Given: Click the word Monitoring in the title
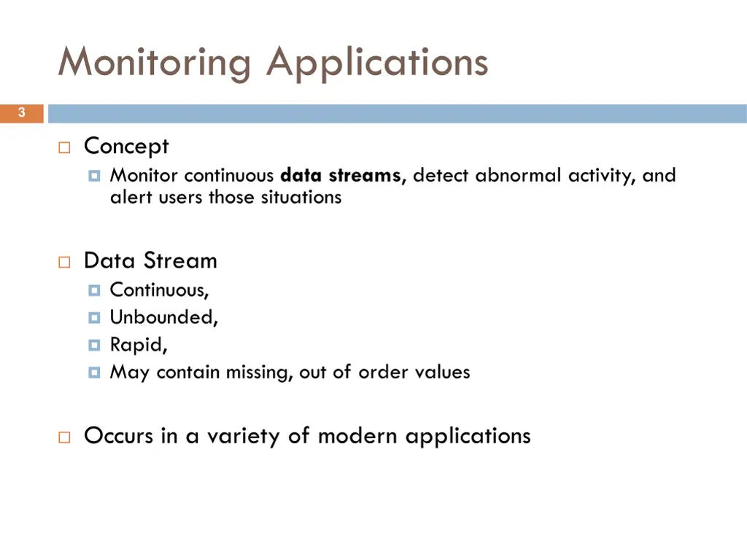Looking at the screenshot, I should click(155, 63).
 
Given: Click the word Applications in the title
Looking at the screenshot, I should click(376, 63).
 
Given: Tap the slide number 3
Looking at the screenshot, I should click(21, 113).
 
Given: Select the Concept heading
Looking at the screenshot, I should click(126, 147).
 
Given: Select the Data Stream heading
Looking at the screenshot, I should click(150, 260).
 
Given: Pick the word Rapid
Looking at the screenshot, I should click(138, 344).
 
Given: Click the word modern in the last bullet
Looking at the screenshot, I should click(357, 436).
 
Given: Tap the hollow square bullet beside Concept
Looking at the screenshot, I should click(64, 148).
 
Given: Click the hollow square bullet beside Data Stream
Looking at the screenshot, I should click(64, 262).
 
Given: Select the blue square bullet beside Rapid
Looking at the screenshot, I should click(94, 345).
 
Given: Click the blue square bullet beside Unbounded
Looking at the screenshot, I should click(94, 318).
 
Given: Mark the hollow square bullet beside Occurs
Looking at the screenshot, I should click(64, 437).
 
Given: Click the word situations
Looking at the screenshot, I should click(301, 198).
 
